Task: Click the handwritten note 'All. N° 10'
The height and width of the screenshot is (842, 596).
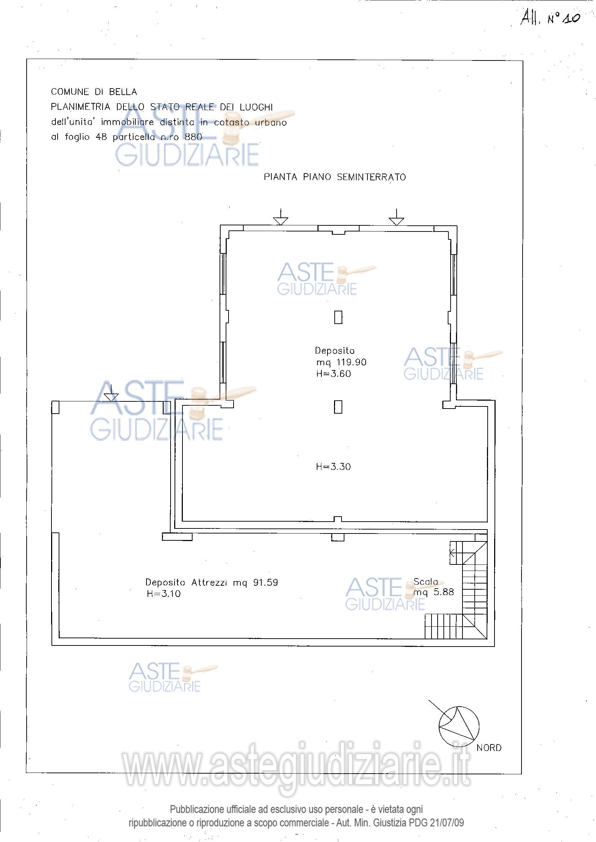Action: pos(550,18)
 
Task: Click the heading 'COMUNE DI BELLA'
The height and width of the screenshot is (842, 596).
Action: pos(94,92)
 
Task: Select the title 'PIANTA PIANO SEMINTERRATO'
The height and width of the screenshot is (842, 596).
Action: pos(335,177)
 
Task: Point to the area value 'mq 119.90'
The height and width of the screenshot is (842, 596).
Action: pos(341,363)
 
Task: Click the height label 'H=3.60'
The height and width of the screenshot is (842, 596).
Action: pos(333,374)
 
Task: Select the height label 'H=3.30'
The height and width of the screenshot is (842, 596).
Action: pos(333,467)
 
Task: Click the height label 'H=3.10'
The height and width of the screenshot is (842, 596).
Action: pos(164,594)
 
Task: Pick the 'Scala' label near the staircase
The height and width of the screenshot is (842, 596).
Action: pos(426,582)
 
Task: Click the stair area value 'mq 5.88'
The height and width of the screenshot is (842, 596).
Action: pos(434,592)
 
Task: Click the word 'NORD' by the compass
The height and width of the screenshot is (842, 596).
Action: pos(489,748)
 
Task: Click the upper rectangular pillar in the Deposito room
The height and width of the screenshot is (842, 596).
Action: pos(338,317)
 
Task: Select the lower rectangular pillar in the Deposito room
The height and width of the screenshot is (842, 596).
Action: pos(338,407)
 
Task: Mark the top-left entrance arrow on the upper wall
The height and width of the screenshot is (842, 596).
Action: pos(281,217)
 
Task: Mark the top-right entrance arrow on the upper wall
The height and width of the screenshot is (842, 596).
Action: pos(397,217)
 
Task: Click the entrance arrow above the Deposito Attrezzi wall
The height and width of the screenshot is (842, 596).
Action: pos(111,392)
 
